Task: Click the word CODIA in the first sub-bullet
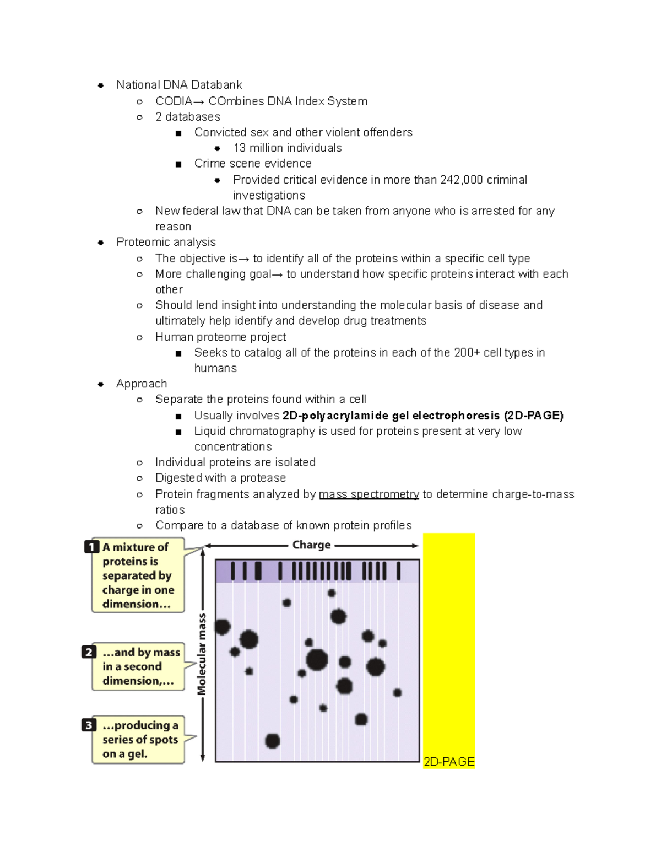174,101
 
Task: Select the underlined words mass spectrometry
369,494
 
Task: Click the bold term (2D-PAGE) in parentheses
533,416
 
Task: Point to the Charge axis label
311,545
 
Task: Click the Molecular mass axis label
202,654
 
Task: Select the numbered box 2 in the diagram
89,652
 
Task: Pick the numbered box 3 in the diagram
89,725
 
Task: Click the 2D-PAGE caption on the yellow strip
449,762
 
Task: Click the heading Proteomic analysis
166,243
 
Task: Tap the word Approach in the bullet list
142,384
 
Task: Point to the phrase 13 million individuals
287,148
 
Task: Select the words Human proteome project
220,337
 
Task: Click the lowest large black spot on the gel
272,741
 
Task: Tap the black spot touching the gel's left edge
222,627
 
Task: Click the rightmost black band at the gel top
398,570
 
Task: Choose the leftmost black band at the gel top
232,570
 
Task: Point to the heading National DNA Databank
179,85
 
